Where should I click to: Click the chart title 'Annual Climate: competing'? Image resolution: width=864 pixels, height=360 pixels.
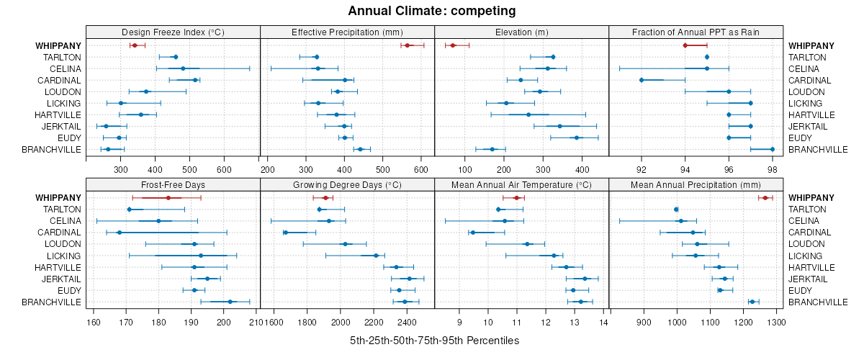pyautogui.click(x=431, y=11)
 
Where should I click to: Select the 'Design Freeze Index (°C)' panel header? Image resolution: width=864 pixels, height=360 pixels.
pyautogui.click(x=173, y=32)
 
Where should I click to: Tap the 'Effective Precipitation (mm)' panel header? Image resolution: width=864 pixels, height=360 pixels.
pyautogui.click(x=347, y=32)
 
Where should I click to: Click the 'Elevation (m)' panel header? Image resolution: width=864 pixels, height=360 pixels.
pyautogui.click(x=522, y=32)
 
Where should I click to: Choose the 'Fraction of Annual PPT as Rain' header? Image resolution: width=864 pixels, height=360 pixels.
pyautogui.click(x=696, y=32)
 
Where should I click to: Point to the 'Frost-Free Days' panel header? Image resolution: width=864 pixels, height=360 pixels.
pyautogui.click(x=173, y=184)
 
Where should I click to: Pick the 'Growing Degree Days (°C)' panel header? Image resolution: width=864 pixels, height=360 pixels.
pyautogui.click(x=347, y=184)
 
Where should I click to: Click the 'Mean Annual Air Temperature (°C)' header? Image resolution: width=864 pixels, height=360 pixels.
pyautogui.click(x=522, y=184)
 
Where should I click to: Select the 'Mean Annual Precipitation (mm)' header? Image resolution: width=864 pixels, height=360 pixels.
pyautogui.click(x=696, y=184)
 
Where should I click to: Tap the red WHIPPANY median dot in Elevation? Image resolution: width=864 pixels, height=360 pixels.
pyautogui.click(x=453, y=45)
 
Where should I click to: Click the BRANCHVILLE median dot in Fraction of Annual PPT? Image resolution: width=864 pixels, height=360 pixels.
pyautogui.click(x=773, y=149)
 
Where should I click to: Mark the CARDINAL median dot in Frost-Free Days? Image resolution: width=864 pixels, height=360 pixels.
pyautogui.click(x=120, y=233)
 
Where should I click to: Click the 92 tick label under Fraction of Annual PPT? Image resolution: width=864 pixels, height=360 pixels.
pyautogui.click(x=642, y=169)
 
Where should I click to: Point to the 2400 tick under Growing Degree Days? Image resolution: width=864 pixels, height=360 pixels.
pyautogui.click(x=407, y=322)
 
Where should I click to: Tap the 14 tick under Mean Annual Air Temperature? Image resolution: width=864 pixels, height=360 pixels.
pyautogui.click(x=604, y=322)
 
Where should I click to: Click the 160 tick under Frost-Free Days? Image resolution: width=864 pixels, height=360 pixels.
pyautogui.click(x=94, y=322)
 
